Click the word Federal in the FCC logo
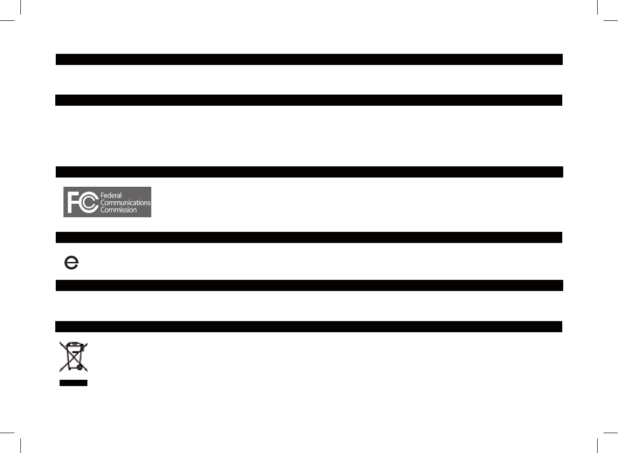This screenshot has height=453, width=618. (x=111, y=194)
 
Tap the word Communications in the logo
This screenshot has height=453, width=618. (x=125, y=202)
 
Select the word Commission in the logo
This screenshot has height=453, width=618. (x=118, y=210)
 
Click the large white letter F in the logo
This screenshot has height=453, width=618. (x=73, y=202)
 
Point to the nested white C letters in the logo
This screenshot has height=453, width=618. (x=89, y=202)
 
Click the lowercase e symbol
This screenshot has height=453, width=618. (x=71, y=263)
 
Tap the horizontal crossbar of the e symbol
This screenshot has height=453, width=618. (x=71, y=262)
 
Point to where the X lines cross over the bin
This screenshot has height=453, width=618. (x=73, y=357)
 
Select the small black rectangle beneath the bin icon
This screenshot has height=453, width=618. (x=73, y=383)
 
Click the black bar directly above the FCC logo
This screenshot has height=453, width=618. (x=309, y=172)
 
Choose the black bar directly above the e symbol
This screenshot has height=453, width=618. (x=309, y=237)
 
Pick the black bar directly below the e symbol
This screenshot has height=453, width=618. (x=309, y=285)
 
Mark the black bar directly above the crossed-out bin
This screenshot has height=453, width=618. (x=309, y=326)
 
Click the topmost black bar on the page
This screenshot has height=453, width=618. (x=309, y=59)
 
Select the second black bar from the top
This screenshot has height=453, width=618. (x=309, y=100)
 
